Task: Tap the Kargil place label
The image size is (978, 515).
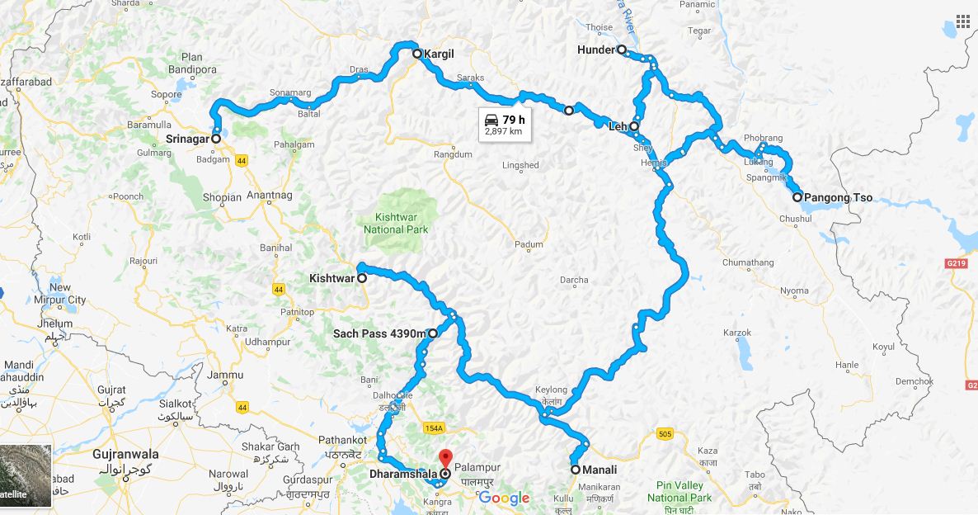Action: pyautogui.click(x=439, y=54)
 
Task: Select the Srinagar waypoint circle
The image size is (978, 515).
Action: pyautogui.click(x=216, y=139)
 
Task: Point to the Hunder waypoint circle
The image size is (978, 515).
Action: pyautogui.click(x=622, y=50)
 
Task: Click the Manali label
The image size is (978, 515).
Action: pyautogui.click(x=600, y=470)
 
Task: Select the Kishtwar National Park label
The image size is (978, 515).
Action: pyautogui.click(x=396, y=223)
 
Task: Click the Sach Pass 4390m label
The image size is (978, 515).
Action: pyautogui.click(x=379, y=334)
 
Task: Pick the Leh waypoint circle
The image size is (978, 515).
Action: pyautogui.click(x=634, y=127)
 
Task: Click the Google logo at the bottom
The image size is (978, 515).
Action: pyautogui.click(x=503, y=498)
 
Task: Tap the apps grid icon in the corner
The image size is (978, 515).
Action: pyautogui.click(x=962, y=21)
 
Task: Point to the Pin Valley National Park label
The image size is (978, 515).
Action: pyautogui.click(x=679, y=492)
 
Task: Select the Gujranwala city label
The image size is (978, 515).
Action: pyautogui.click(x=114, y=455)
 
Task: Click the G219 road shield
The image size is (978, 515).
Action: pyautogui.click(x=957, y=263)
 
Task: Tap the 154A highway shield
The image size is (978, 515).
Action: pyautogui.click(x=435, y=428)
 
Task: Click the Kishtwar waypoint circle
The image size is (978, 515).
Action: pyautogui.click(x=362, y=279)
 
